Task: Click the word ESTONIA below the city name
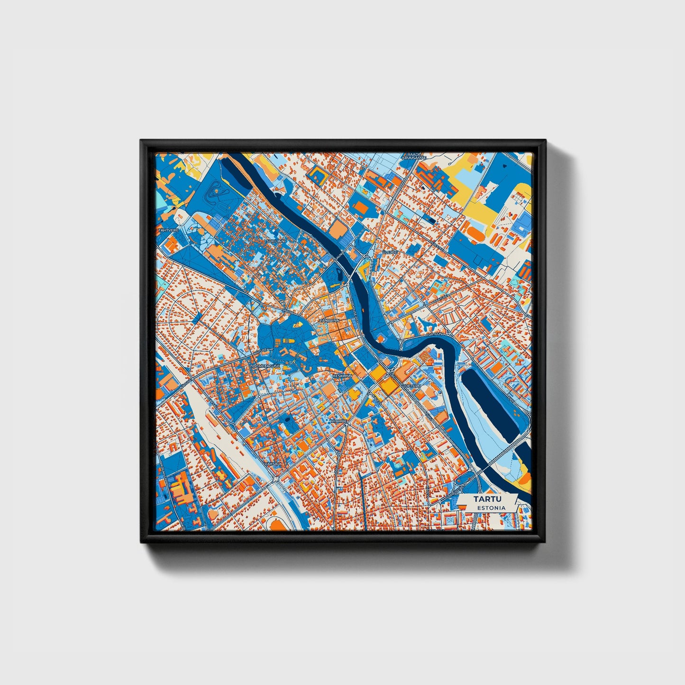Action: [491, 508]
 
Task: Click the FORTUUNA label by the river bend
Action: [435, 334]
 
